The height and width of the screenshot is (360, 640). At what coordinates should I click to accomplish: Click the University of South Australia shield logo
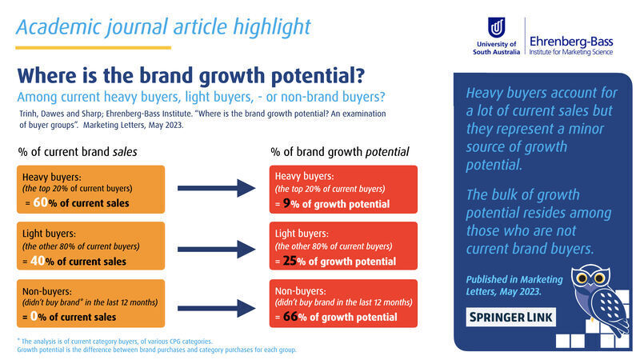496,27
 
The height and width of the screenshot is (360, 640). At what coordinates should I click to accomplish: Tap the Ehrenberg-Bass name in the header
571,42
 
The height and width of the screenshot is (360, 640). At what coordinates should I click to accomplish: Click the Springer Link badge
510,317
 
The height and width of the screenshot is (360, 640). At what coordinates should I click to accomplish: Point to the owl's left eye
582,278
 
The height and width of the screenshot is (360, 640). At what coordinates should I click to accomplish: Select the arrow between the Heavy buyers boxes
216,188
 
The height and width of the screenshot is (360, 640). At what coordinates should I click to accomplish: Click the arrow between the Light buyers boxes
216,250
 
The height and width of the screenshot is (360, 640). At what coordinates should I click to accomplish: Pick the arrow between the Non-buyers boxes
216,309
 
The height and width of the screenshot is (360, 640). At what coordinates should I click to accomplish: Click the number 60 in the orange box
40,202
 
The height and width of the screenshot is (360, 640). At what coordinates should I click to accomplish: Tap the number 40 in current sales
38,261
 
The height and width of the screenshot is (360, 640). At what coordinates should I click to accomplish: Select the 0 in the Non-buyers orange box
34,316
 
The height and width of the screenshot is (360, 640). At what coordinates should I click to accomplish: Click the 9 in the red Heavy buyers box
286,203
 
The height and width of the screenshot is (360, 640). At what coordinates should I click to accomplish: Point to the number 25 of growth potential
290,261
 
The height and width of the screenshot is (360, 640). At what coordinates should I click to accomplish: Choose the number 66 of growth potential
290,316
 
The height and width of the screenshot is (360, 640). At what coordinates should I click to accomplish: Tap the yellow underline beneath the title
93,48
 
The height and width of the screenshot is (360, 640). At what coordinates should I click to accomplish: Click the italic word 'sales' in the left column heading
125,152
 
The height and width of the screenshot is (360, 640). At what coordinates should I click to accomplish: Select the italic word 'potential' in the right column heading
387,152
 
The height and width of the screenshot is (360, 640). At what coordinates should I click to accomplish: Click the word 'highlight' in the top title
272,28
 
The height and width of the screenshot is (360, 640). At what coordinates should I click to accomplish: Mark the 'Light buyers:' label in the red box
302,234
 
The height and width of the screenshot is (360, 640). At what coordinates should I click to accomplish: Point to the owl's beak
591,286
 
